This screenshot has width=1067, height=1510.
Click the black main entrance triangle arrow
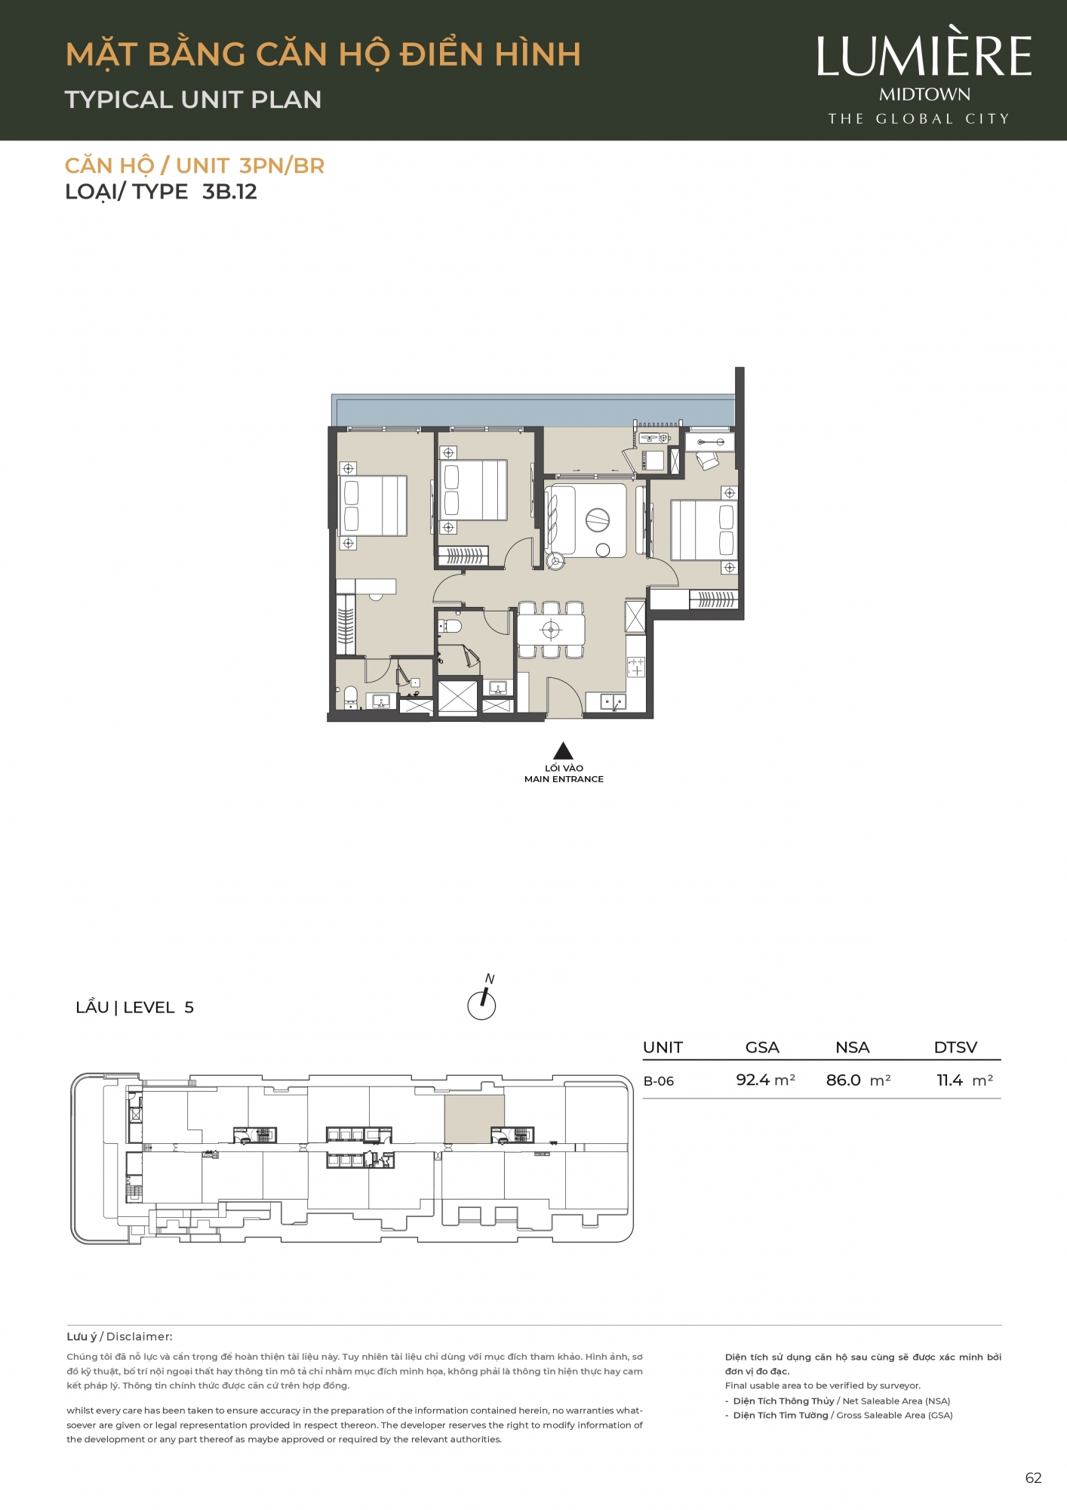pos(563,750)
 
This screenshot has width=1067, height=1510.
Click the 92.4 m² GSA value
pos(765,1080)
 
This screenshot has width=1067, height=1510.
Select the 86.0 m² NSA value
pos(858,1080)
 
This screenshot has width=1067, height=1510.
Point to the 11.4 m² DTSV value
pos(964,1080)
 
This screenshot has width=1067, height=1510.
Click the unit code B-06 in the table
pos(658,1081)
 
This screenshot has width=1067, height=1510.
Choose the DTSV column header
pos(955,1047)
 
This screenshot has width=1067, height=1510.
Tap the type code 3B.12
pos(229,192)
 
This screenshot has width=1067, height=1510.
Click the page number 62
pos(1033,1478)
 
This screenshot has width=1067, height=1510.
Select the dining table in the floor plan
pos(551,630)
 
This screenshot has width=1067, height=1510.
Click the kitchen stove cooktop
pos(636,667)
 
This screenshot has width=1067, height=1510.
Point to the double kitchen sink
pos(613,703)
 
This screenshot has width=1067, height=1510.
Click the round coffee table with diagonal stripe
pos(598,519)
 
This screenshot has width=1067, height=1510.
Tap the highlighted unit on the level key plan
pos(474,1119)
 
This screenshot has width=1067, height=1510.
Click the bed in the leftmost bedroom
pos(374,506)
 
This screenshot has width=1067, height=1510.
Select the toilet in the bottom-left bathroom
pos(351,698)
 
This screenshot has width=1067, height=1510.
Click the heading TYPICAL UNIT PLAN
pos(193,100)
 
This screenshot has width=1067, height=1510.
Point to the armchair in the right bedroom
pos(707,461)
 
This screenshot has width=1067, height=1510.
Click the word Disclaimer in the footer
pos(140,1336)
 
